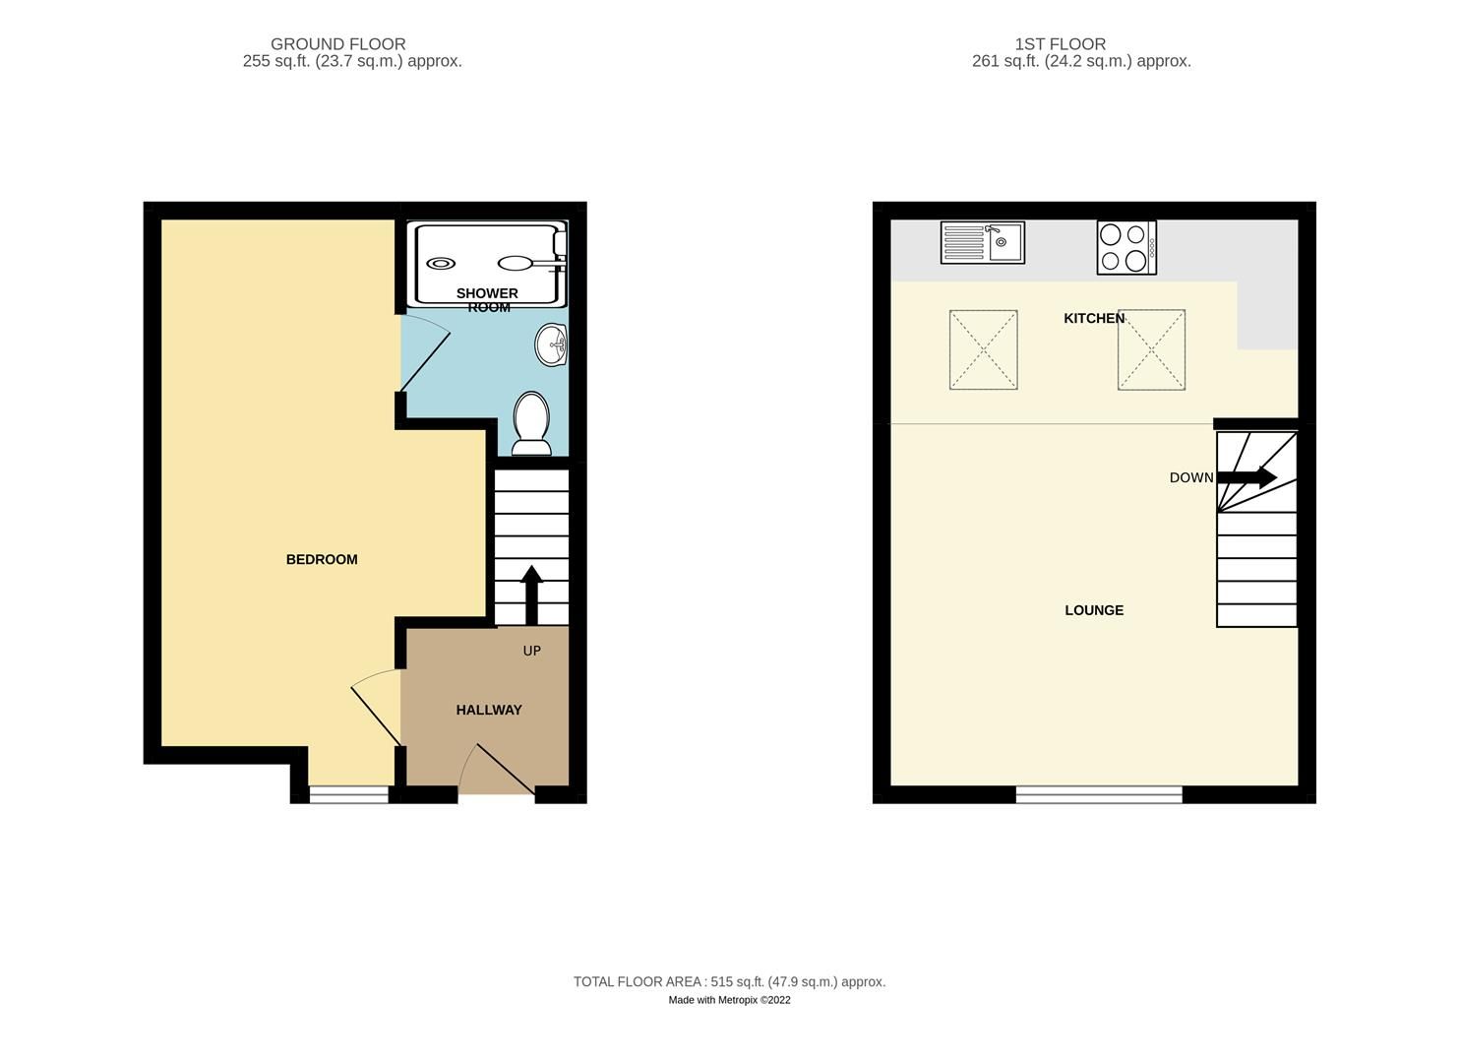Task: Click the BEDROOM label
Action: click(x=322, y=559)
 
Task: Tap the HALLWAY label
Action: click(x=489, y=710)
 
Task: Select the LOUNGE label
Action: click(x=1094, y=610)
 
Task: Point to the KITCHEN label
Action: click(x=1094, y=318)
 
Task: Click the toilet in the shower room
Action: click(x=532, y=424)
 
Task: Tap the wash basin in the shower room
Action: click(x=552, y=345)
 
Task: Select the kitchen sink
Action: click(x=982, y=242)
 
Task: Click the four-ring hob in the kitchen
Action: click(x=1126, y=247)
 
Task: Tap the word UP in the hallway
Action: click(x=531, y=651)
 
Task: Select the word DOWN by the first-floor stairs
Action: click(x=1190, y=477)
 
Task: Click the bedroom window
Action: click(x=349, y=795)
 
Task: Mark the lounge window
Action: click(x=1099, y=794)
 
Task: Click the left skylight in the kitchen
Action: click(x=983, y=349)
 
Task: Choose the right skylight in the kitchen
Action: click(x=1151, y=349)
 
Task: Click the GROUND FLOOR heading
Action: click(x=337, y=44)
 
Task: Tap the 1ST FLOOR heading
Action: click(x=1060, y=44)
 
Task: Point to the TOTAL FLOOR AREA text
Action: click(x=729, y=981)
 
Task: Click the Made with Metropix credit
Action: click(x=729, y=1000)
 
